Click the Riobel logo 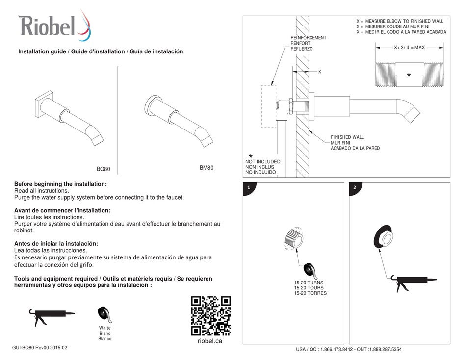54,26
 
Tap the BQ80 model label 104,169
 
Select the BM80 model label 207,168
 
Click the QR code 211,316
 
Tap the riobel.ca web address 210,341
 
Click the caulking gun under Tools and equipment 51,316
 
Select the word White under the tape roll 105,328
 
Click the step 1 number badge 249,187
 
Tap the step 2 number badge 355,187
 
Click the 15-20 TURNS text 309,283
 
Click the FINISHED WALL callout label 347,137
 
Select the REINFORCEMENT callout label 308,38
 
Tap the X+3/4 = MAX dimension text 409,47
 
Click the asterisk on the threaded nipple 409,75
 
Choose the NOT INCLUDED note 263,162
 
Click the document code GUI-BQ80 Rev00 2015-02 40,348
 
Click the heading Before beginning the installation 60,184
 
